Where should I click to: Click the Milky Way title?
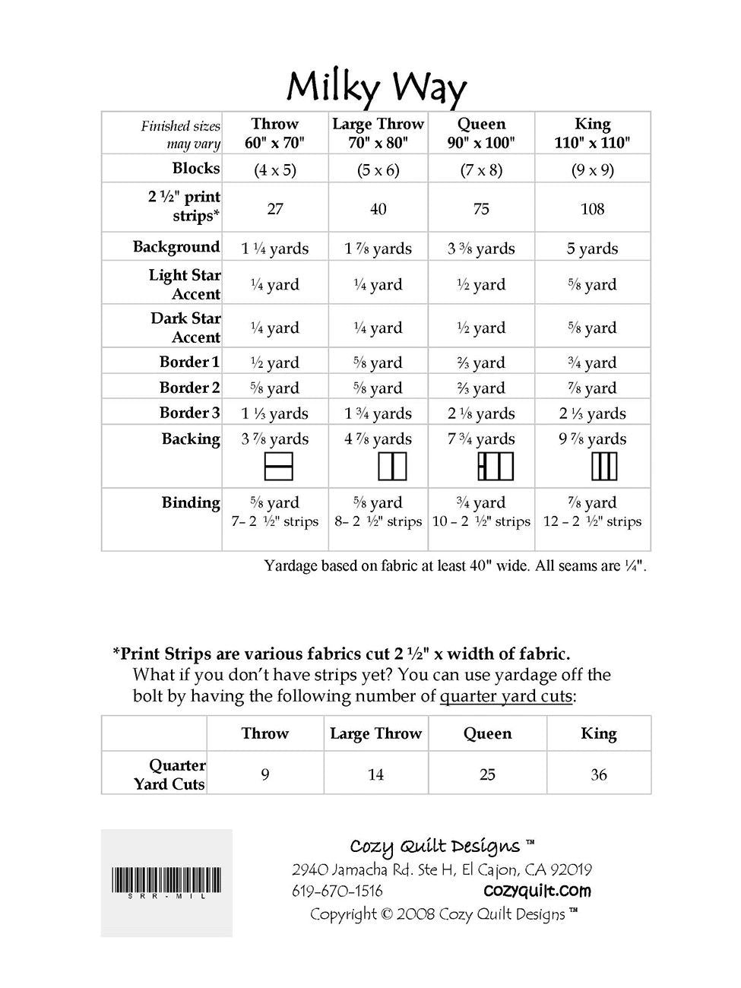[x=376, y=88]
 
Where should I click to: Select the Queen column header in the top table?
[x=481, y=133]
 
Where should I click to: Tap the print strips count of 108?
[x=592, y=209]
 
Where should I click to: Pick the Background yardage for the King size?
[x=592, y=249]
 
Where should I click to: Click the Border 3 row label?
[x=189, y=413]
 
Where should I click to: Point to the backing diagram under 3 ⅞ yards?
[x=278, y=467]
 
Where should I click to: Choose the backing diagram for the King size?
[x=603, y=467]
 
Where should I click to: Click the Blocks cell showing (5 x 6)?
[x=378, y=169]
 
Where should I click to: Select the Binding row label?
[x=190, y=502]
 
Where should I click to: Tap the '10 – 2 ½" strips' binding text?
[x=481, y=521]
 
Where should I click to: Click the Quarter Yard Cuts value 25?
[x=487, y=774]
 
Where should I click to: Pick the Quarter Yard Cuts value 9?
[x=264, y=774]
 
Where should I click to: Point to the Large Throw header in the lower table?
[x=375, y=733]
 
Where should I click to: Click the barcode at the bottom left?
[x=166, y=882]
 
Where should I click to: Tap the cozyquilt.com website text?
[x=537, y=891]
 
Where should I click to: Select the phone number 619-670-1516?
[x=337, y=891]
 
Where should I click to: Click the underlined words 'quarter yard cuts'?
[x=505, y=696]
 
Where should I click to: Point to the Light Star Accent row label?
[x=185, y=284]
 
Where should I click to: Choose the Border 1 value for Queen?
[x=481, y=363]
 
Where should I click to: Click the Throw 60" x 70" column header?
[x=274, y=133]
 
